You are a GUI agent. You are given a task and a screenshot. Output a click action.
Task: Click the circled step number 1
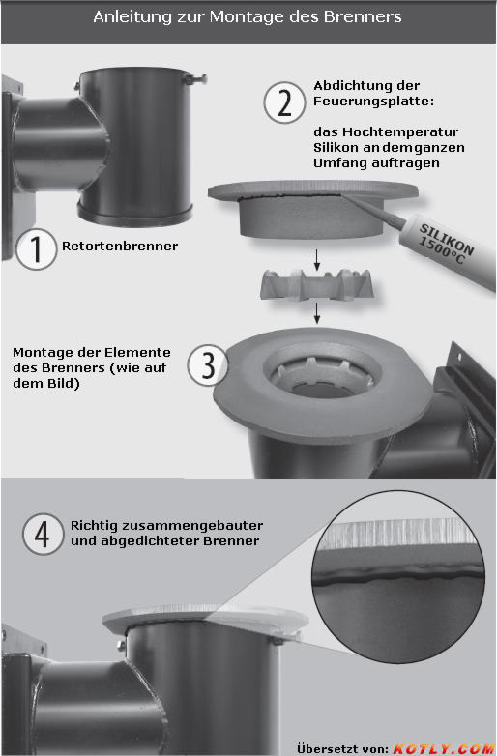(x=36, y=248)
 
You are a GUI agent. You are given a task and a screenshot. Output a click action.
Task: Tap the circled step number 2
(x=284, y=102)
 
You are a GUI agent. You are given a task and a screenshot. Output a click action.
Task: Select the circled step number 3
(x=208, y=364)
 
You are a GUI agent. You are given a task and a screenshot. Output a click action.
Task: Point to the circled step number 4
(x=43, y=534)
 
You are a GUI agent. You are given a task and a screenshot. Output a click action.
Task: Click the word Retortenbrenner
(x=120, y=246)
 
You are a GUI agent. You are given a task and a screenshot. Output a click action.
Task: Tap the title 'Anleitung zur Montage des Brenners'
(x=248, y=16)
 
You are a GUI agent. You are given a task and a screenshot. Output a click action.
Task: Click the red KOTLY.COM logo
(x=444, y=748)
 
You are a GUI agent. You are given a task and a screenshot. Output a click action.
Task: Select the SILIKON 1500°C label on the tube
(x=446, y=244)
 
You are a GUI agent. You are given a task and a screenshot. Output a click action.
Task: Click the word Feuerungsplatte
(x=373, y=102)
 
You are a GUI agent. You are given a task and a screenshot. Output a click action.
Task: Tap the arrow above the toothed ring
(x=317, y=260)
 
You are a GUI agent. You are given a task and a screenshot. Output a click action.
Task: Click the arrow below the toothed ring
(x=317, y=313)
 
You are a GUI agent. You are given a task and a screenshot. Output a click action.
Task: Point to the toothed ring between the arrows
(x=317, y=286)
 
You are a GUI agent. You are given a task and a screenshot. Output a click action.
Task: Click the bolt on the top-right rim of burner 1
(x=195, y=78)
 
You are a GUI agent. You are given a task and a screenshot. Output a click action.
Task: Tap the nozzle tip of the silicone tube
(x=344, y=195)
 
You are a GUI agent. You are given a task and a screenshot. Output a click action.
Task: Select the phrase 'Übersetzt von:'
(x=342, y=748)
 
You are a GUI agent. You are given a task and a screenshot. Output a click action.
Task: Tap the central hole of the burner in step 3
(x=322, y=389)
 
